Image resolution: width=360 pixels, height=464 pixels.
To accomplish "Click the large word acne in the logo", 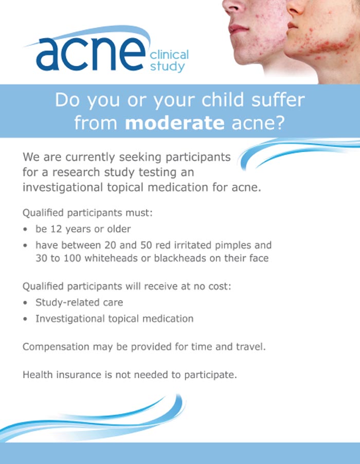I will (91, 53).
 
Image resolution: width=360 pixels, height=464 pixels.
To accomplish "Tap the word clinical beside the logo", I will (169, 54).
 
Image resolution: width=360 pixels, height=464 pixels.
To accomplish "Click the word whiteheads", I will (114, 258).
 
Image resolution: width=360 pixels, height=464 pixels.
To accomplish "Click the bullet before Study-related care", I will (25, 303).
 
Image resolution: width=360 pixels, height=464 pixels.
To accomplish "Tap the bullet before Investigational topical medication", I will (25, 319).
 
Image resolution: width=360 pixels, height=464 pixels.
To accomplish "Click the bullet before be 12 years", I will (25, 229).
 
